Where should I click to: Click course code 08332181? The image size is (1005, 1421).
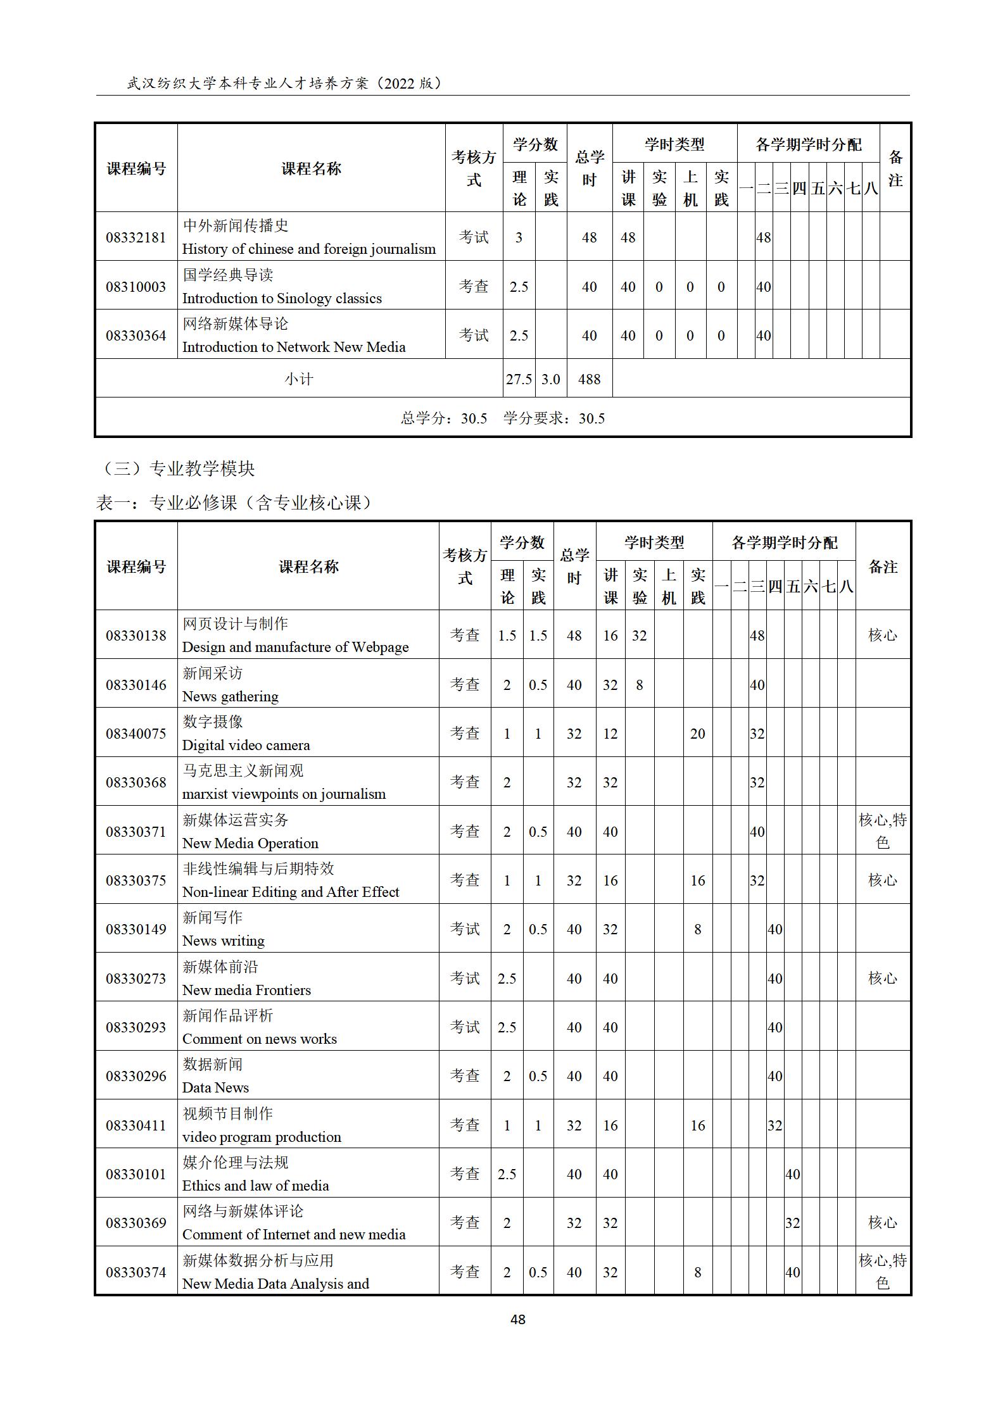[x=136, y=237]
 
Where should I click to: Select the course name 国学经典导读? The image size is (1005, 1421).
[x=228, y=275]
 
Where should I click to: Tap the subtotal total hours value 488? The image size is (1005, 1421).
[x=589, y=379]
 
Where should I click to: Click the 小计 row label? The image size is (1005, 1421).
[x=298, y=379]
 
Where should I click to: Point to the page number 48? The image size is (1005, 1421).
[x=517, y=1319]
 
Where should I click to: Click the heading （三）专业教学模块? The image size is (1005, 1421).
[x=178, y=468]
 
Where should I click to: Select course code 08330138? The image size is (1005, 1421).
[x=136, y=635]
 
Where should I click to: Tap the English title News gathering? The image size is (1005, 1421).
[x=230, y=696]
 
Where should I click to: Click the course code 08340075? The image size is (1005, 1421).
[x=136, y=734]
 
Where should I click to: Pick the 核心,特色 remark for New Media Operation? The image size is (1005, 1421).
[x=882, y=831]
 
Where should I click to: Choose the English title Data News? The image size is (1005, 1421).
[x=215, y=1087]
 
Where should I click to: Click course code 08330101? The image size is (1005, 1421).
[x=136, y=1174]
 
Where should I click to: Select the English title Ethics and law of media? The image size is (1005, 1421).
[x=255, y=1186]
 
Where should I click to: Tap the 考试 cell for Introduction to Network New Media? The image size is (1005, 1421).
[x=474, y=335]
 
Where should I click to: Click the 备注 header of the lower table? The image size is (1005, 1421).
[x=882, y=567]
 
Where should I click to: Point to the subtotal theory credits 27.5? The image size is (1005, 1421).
[x=519, y=379]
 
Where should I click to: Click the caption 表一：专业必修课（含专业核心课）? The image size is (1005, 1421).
[x=234, y=503]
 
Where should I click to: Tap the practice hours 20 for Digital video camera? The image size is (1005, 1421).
[x=697, y=734]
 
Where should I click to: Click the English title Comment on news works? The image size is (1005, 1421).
[x=259, y=1039]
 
